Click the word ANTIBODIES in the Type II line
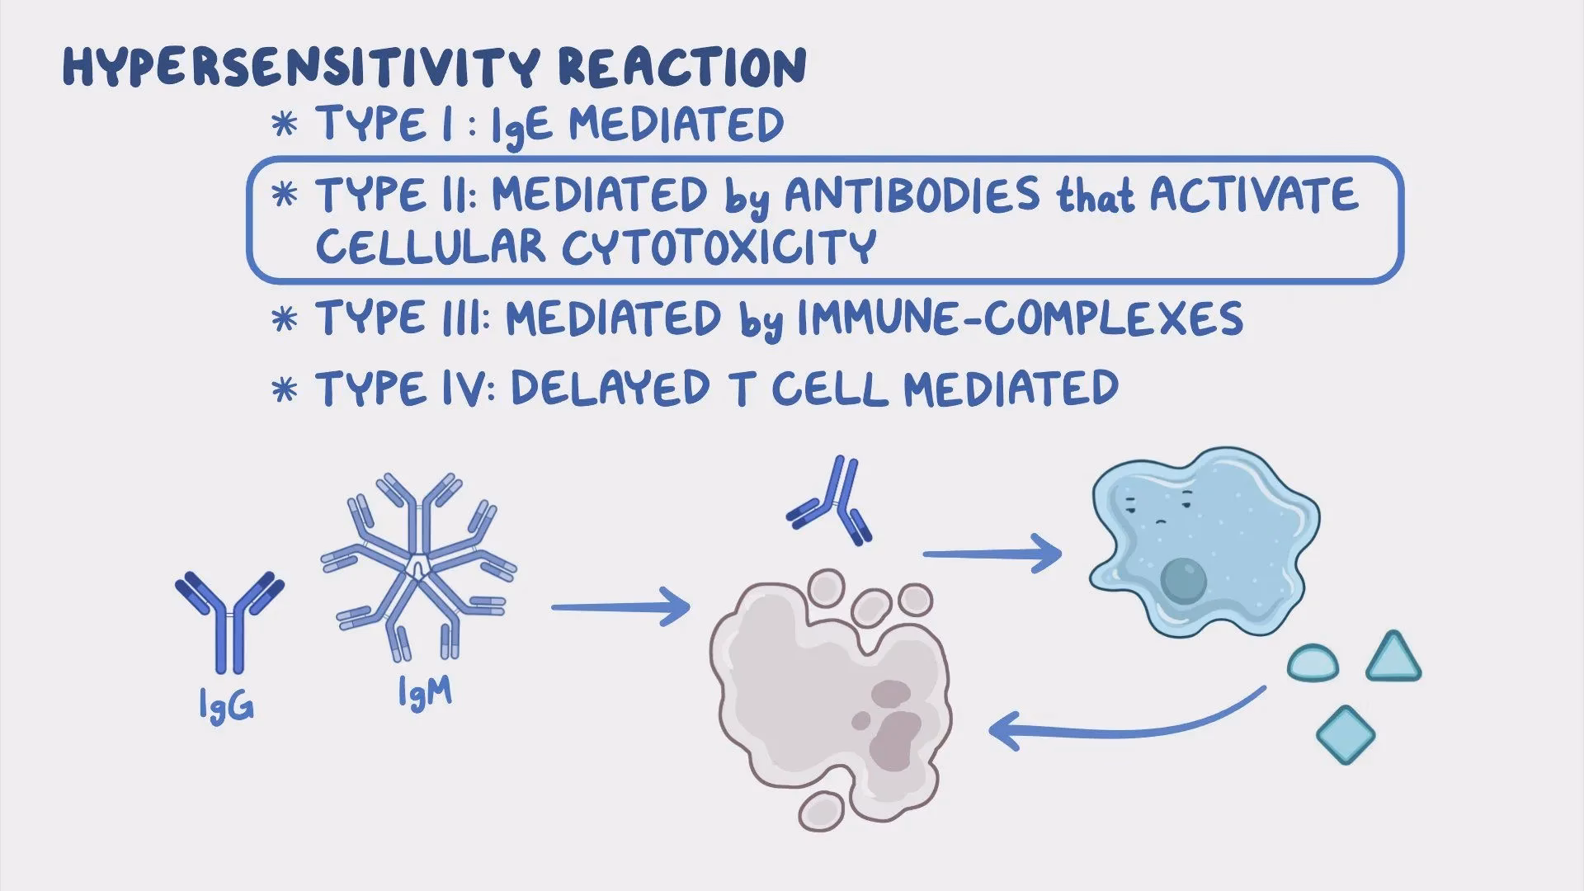click(x=912, y=196)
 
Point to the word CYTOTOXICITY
click(x=718, y=246)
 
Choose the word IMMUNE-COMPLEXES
click(x=1020, y=319)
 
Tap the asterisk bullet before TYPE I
click(x=285, y=126)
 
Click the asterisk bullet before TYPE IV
click(x=285, y=389)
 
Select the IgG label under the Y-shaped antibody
click(x=226, y=707)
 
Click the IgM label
click(x=425, y=694)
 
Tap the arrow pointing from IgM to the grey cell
click(x=619, y=609)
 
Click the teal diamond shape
click(x=1346, y=734)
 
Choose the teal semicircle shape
click(x=1313, y=663)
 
